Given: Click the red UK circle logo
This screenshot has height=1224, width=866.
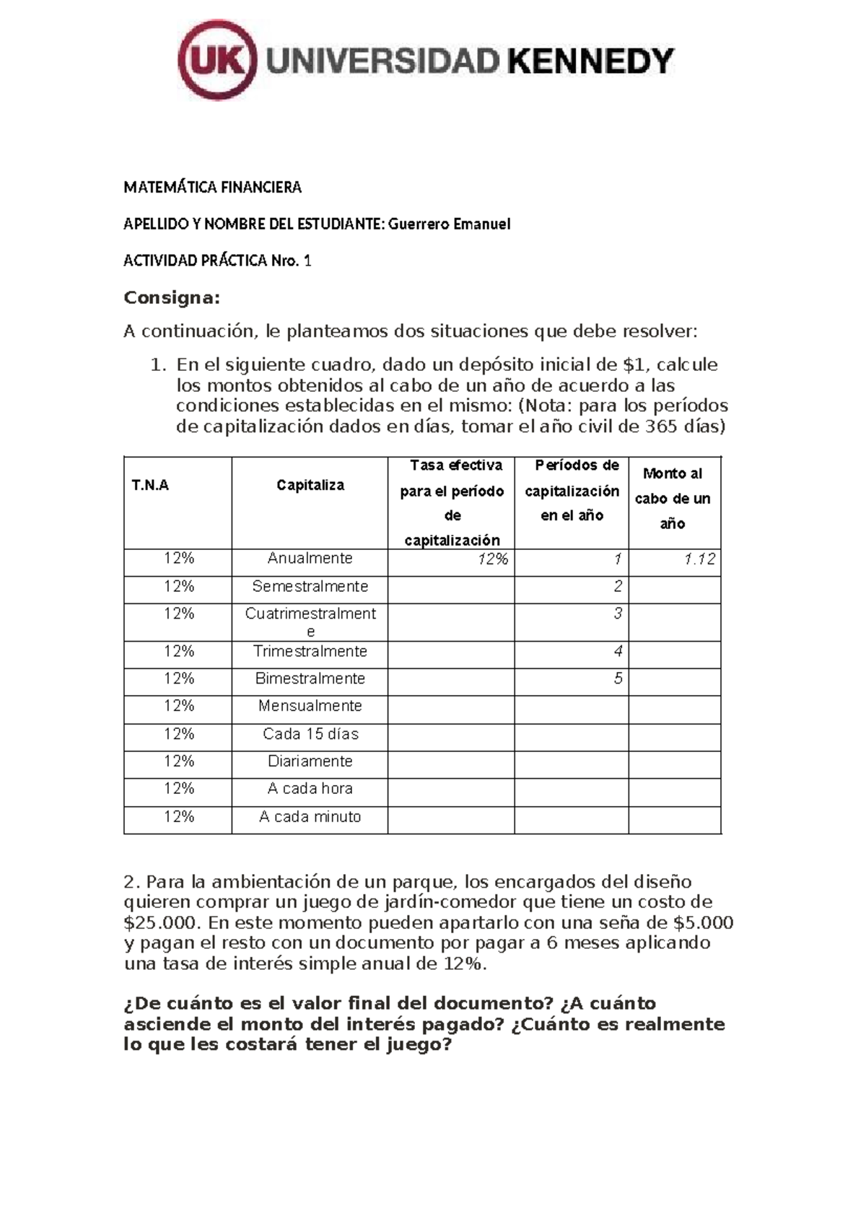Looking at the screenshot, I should pyautogui.click(x=217, y=61).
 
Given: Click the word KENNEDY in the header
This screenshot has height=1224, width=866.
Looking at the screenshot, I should pyautogui.click(x=591, y=61).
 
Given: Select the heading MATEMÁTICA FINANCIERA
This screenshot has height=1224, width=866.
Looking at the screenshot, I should pyautogui.click(x=212, y=188).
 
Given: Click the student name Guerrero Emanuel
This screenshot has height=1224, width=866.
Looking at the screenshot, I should pyautogui.click(x=449, y=224).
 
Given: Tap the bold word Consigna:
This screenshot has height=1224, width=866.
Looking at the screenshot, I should pyautogui.click(x=171, y=297).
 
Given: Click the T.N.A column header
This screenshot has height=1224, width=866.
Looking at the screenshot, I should pyautogui.click(x=150, y=485).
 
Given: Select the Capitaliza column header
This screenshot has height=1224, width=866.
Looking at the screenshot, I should pyautogui.click(x=310, y=485).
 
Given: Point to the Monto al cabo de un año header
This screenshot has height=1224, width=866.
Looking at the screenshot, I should pyautogui.click(x=673, y=498).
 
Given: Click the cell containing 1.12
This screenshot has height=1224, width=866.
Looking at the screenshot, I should pyautogui.click(x=699, y=559).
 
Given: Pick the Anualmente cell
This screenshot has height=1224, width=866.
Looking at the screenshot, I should pyautogui.click(x=310, y=558).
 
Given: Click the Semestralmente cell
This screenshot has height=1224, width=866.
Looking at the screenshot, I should pyautogui.click(x=310, y=586).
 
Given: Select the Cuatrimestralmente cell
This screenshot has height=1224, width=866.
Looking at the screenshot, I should pyautogui.click(x=310, y=621).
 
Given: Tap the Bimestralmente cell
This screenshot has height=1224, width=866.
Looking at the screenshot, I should pyautogui.click(x=310, y=678).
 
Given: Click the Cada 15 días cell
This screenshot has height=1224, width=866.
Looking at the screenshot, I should pyautogui.click(x=310, y=734).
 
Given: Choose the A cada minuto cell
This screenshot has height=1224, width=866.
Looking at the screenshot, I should pyautogui.click(x=310, y=817).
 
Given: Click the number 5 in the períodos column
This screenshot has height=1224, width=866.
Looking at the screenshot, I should pyautogui.click(x=618, y=678).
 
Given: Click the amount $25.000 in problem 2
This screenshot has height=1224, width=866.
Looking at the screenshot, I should pyautogui.click(x=159, y=922).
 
